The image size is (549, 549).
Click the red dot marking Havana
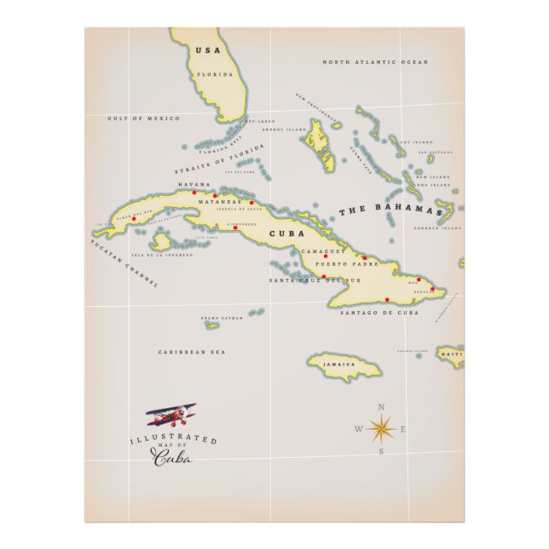(x=194, y=193)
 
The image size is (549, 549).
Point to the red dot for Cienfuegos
(x=235, y=228)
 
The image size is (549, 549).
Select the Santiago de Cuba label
(x=379, y=313)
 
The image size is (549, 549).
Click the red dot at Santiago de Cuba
(x=388, y=299)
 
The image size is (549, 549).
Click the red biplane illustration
(x=171, y=416)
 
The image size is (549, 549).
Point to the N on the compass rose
(x=381, y=406)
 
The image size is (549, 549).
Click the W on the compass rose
(x=358, y=429)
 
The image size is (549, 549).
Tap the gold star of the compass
(x=381, y=428)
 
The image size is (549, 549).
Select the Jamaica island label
(x=338, y=364)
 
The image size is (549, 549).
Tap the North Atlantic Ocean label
(x=375, y=62)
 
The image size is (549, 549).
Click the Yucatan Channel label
(x=124, y=264)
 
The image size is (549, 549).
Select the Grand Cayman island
(x=212, y=323)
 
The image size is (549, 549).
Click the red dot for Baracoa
(x=433, y=290)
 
